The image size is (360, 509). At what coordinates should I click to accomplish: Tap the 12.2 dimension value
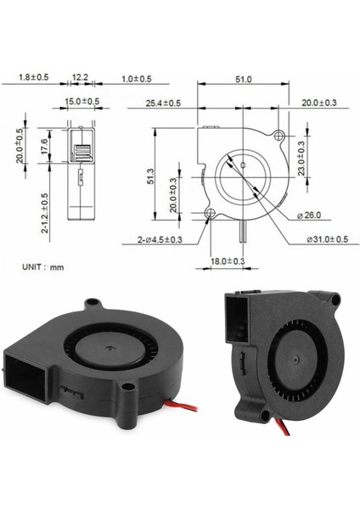coord(81,78)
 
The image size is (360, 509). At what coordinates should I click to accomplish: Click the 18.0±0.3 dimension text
coord(228,260)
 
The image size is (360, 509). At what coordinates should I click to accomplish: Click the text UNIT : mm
coord(43,266)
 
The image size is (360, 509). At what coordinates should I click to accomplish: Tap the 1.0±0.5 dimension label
coord(136,78)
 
